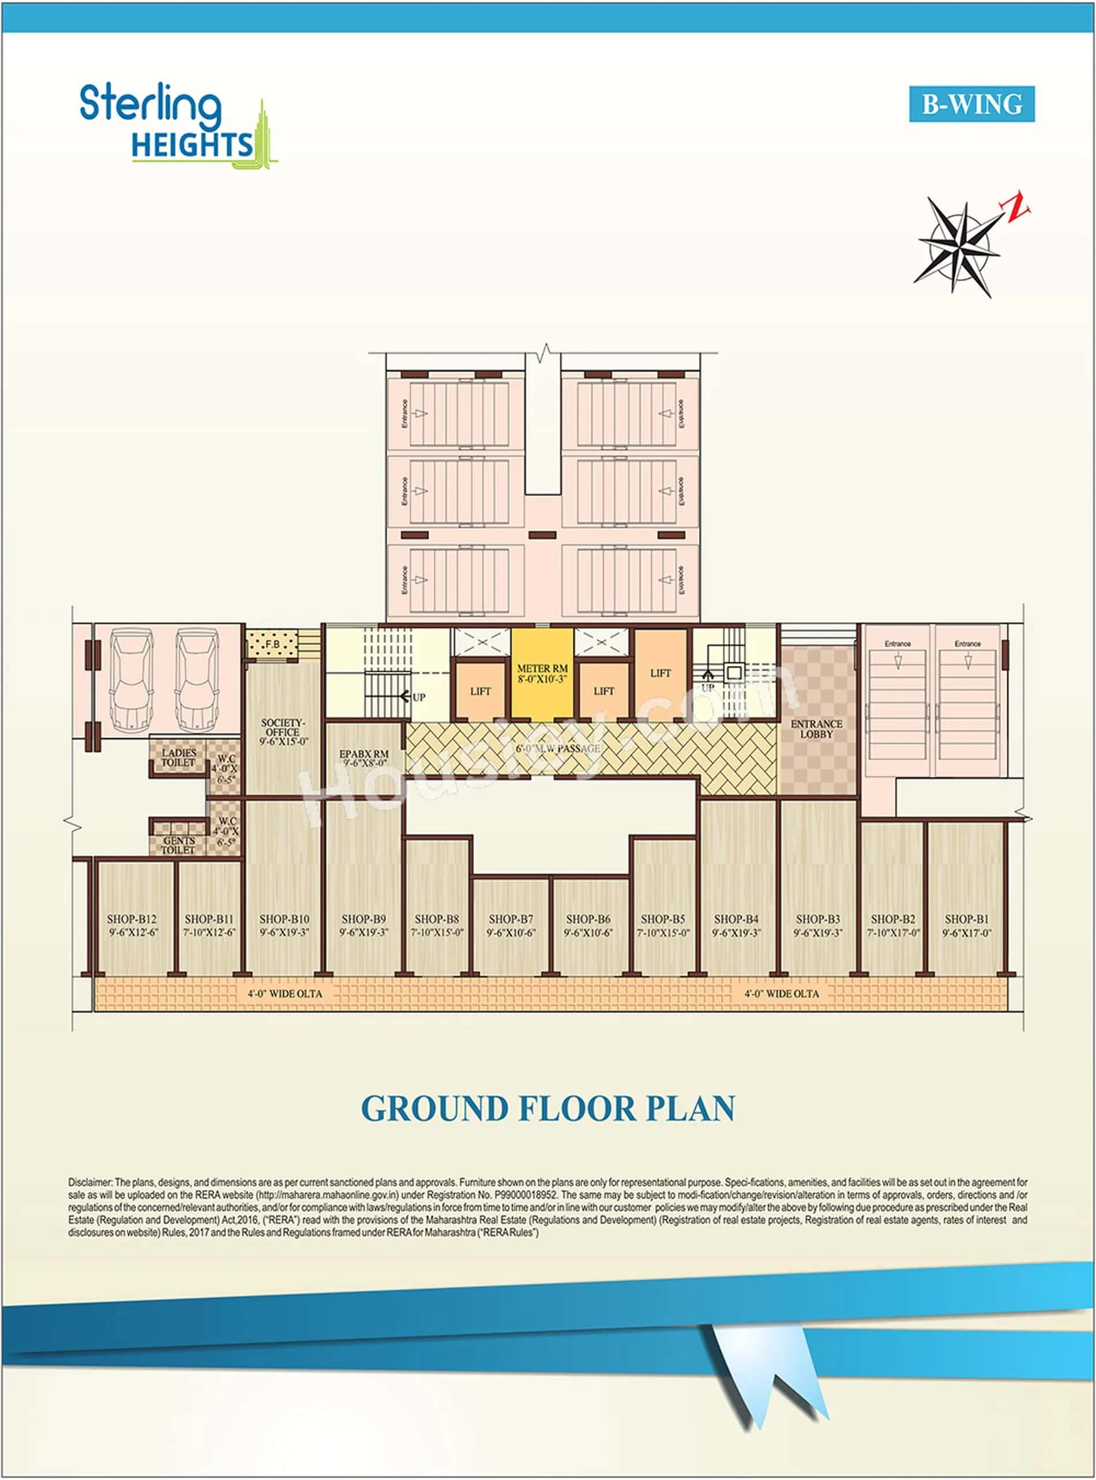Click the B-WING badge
(971, 104)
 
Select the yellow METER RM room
(542, 673)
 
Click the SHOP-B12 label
(132, 919)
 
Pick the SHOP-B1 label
(967, 919)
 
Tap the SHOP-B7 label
(511, 919)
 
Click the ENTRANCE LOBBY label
(816, 729)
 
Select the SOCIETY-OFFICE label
(283, 728)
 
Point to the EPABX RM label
(363, 755)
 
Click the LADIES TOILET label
(178, 757)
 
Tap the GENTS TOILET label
(178, 845)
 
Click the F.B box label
(273, 645)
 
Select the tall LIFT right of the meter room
(661, 673)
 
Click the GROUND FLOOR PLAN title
(548, 1109)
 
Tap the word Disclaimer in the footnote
(90, 1182)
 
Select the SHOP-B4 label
(735, 919)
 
